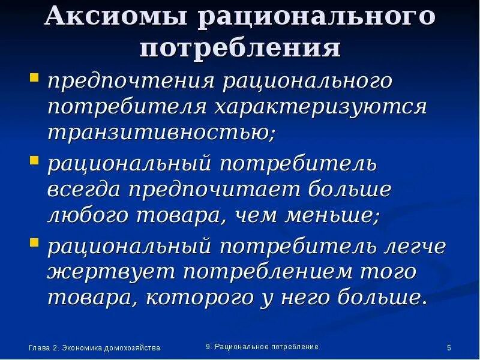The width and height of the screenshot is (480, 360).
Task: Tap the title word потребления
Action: point(240,47)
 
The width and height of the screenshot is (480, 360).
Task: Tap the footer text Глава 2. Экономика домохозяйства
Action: point(94,348)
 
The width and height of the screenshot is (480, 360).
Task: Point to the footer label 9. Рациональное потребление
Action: point(262,347)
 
